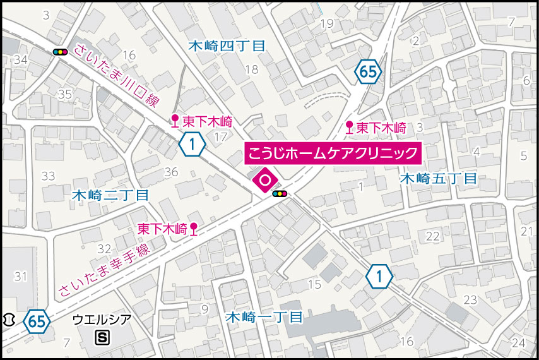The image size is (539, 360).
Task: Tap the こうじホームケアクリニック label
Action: (332, 153)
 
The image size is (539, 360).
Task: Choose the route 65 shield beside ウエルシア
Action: (37, 321)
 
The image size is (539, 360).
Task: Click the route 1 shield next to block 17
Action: (192, 145)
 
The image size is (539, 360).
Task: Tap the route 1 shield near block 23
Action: (379, 276)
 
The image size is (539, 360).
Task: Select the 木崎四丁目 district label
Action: (227, 45)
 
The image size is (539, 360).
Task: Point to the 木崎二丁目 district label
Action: (110, 195)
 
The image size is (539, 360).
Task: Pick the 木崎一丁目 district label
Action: (265, 316)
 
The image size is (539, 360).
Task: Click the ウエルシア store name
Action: (102, 320)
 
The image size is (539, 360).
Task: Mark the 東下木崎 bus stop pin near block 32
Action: (194, 230)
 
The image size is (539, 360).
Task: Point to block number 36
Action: (171, 172)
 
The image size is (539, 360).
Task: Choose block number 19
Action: (326, 24)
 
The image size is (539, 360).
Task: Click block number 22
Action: (432, 236)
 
